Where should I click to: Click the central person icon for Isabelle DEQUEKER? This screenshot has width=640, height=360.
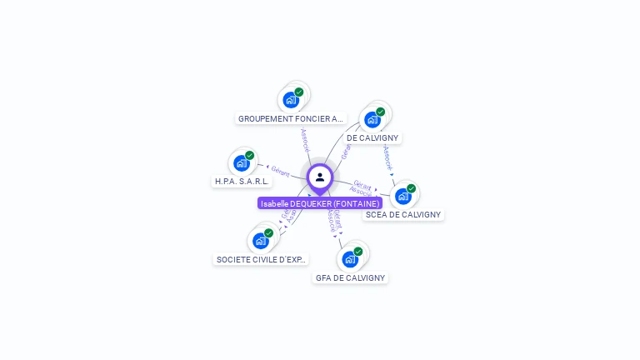[320, 177]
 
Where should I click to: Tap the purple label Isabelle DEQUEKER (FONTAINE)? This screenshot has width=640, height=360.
[320, 203]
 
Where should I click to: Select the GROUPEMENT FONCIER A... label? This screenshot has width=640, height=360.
[291, 118]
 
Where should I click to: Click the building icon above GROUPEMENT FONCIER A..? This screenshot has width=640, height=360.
[290, 100]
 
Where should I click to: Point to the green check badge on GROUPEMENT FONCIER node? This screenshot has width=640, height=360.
[299, 92]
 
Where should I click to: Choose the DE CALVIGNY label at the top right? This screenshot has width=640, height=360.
[372, 137]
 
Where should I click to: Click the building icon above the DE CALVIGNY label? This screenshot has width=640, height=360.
[372, 119]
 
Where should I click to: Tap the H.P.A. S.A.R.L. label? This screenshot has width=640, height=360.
[242, 181]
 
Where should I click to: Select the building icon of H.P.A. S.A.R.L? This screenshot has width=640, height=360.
[242, 162]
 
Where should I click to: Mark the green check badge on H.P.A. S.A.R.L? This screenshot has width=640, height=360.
[250, 155]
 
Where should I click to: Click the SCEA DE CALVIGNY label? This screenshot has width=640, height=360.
[403, 214]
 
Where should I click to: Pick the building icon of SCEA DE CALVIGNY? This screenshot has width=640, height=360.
[403, 196]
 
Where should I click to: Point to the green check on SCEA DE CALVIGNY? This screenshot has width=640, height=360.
[412, 188]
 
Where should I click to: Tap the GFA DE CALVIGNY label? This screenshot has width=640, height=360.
[350, 277]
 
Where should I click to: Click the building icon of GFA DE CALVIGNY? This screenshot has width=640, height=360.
[350, 259]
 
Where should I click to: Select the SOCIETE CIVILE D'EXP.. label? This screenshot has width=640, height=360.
[261, 259]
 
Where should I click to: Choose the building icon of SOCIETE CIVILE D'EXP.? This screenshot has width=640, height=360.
[261, 241]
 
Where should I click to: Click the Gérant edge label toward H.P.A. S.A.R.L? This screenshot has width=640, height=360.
[280, 171]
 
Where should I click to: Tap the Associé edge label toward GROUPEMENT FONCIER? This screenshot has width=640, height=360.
[305, 139]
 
